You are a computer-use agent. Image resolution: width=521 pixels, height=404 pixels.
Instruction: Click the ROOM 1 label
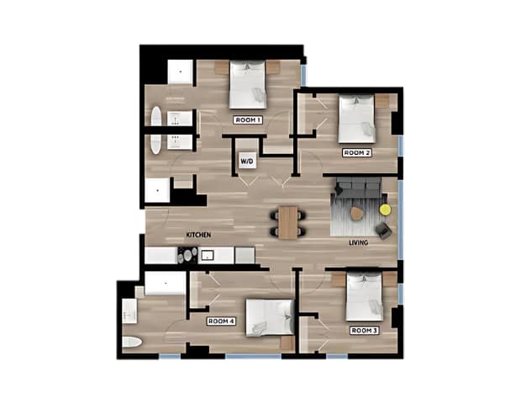248,120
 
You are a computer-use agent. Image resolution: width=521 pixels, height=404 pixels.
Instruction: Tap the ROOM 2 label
357,152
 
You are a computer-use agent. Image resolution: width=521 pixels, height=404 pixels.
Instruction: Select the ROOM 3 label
365,331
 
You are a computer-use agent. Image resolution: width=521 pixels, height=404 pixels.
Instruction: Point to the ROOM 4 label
221,322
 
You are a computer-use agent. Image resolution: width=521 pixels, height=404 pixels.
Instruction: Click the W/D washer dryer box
247,161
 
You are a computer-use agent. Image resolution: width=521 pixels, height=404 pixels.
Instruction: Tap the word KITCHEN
198,235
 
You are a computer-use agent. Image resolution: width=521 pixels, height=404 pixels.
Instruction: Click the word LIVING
359,242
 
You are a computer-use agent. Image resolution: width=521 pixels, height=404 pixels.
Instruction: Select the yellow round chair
386,210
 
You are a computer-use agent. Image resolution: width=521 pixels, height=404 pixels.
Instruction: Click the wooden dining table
288,222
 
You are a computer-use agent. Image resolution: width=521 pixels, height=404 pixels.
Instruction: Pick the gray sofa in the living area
359,188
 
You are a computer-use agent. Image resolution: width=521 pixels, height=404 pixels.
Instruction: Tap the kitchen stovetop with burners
187,255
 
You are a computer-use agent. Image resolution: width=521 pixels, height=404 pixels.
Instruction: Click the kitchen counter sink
208,255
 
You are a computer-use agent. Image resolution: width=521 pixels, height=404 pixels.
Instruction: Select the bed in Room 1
248,84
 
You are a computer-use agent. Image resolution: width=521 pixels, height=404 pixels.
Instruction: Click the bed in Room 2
357,119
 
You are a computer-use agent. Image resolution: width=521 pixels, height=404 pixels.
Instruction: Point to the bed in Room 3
365,297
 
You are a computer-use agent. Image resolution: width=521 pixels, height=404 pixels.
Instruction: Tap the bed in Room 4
270,318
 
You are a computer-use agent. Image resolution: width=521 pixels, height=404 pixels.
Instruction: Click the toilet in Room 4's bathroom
132,342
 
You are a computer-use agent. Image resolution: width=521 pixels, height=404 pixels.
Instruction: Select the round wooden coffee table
356,214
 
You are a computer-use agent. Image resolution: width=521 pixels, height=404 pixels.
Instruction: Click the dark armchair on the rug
384,231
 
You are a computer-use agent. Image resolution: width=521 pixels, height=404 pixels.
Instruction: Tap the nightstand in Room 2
382,101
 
